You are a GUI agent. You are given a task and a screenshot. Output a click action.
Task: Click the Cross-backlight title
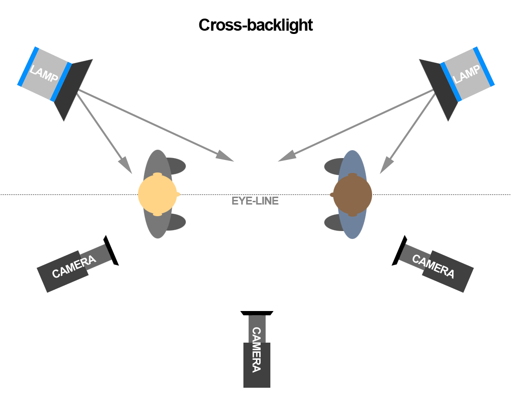(x=255, y=25)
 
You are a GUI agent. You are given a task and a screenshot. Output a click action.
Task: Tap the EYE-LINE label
(x=255, y=201)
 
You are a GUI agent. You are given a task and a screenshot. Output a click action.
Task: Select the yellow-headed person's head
(x=157, y=194)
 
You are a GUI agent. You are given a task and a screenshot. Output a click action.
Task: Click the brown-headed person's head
(x=353, y=194)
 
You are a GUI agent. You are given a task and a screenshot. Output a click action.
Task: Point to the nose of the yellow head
(x=178, y=194)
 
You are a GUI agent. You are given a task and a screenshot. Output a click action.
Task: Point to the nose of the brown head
(x=332, y=195)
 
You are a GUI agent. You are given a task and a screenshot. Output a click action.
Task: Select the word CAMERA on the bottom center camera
(x=256, y=350)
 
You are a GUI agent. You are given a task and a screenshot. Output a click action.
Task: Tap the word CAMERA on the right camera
(x=433, y=266)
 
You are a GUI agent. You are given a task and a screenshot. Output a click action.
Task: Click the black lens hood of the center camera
(x=257, y=313)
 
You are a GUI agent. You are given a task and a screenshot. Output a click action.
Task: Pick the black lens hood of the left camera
(x=111, y=251)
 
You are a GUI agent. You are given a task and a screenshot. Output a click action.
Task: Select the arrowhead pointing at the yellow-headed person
(x=125, y=166)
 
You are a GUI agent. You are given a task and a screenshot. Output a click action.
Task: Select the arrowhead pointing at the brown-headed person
(x=386, y=166)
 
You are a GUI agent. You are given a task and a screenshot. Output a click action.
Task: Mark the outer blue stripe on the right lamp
(x=484, y=66)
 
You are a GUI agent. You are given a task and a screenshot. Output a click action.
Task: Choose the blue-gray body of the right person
(x=353, y=223)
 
